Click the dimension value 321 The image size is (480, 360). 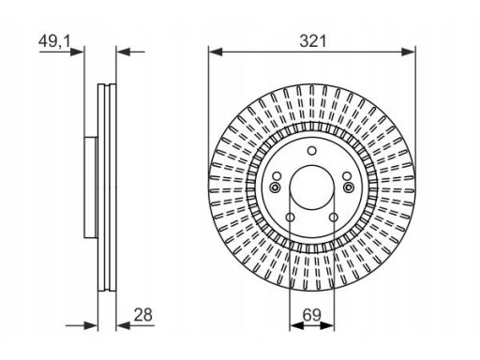click(313, 41)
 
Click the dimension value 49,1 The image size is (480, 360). click(55, 41)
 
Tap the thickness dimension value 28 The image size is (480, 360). click(142, 315)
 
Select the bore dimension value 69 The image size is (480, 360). click(311, 315)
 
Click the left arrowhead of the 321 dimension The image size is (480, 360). click(216, 52)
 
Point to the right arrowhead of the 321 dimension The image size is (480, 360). click(409, 52)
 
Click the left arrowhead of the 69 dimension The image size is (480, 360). click(296, 325)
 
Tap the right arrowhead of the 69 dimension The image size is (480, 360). click(327, 325)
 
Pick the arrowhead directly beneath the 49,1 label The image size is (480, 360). click(77, 52)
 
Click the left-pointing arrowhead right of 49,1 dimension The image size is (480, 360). click(123, 52)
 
